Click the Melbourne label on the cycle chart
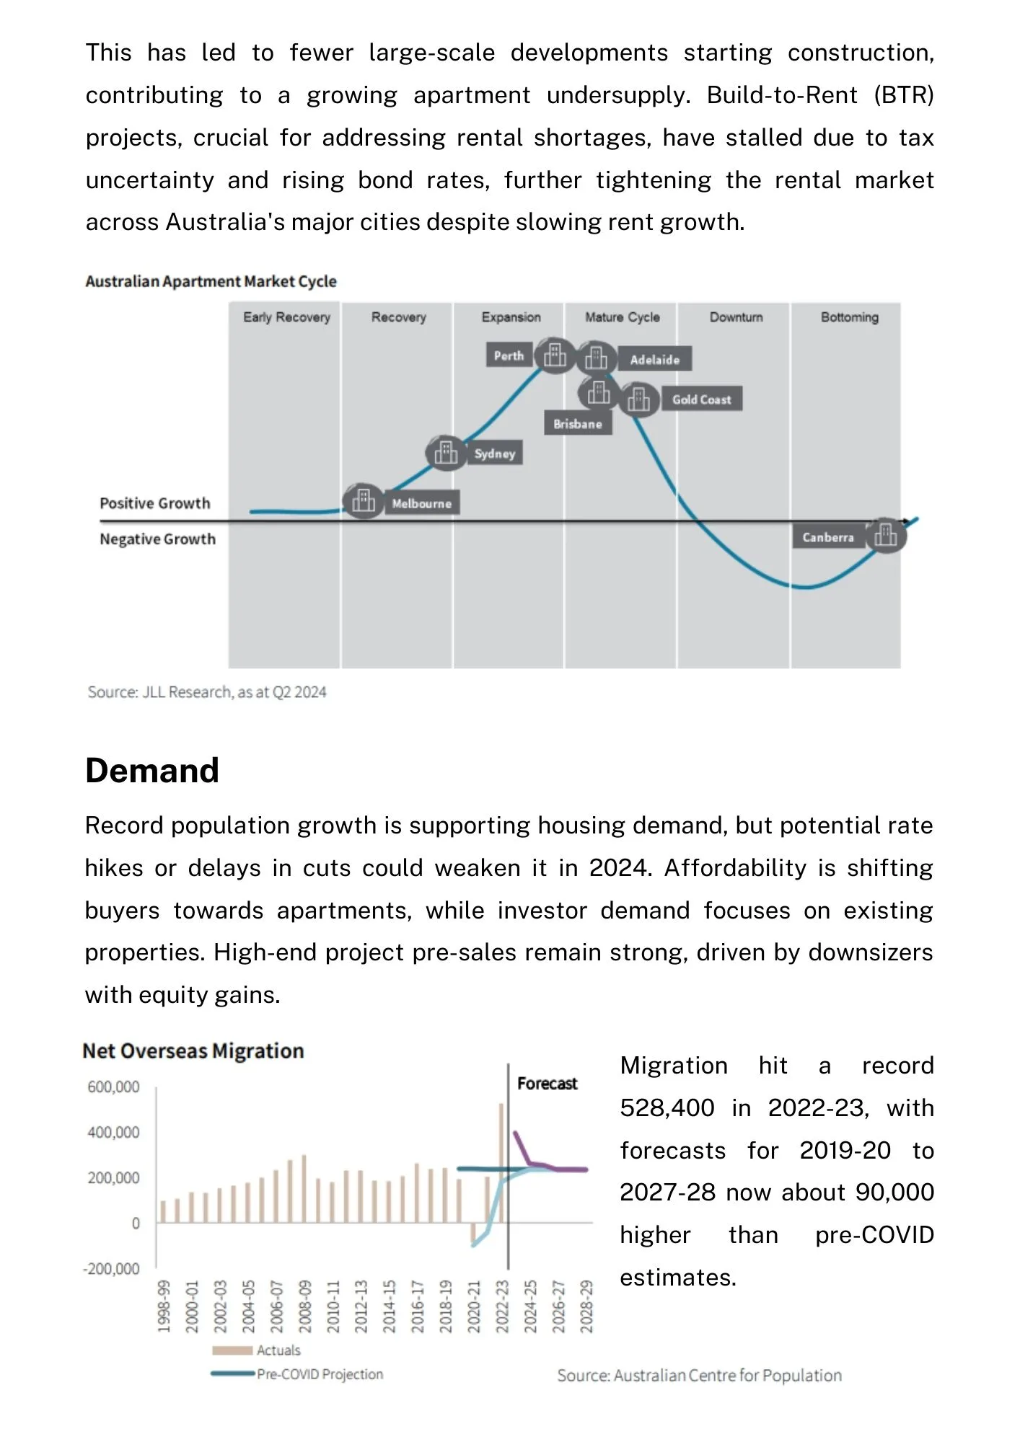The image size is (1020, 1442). [422, 503]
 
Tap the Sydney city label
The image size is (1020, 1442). [495, 454]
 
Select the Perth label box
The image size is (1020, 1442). [509, 355]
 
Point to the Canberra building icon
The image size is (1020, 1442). [885, 535]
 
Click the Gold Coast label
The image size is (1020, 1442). [702, 399]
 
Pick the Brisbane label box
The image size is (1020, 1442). [578, 424]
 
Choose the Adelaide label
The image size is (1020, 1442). [655, 360]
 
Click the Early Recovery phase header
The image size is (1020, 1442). [286, 317]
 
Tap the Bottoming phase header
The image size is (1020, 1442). [850, 317]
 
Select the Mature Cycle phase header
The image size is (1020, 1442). [623, 317]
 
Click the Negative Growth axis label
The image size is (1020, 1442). [158, 539]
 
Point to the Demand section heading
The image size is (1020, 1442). [152, 770]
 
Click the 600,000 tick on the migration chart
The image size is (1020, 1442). [113, 1087]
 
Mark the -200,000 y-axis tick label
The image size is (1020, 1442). [111, 1268]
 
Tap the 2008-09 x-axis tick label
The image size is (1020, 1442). [305, 1306]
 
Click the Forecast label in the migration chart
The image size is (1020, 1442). [548, 1084]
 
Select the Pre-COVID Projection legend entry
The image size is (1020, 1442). [297, 1374]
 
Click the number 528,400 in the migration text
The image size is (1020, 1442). [667, 1108]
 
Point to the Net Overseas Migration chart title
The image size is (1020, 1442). [193, 1051]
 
